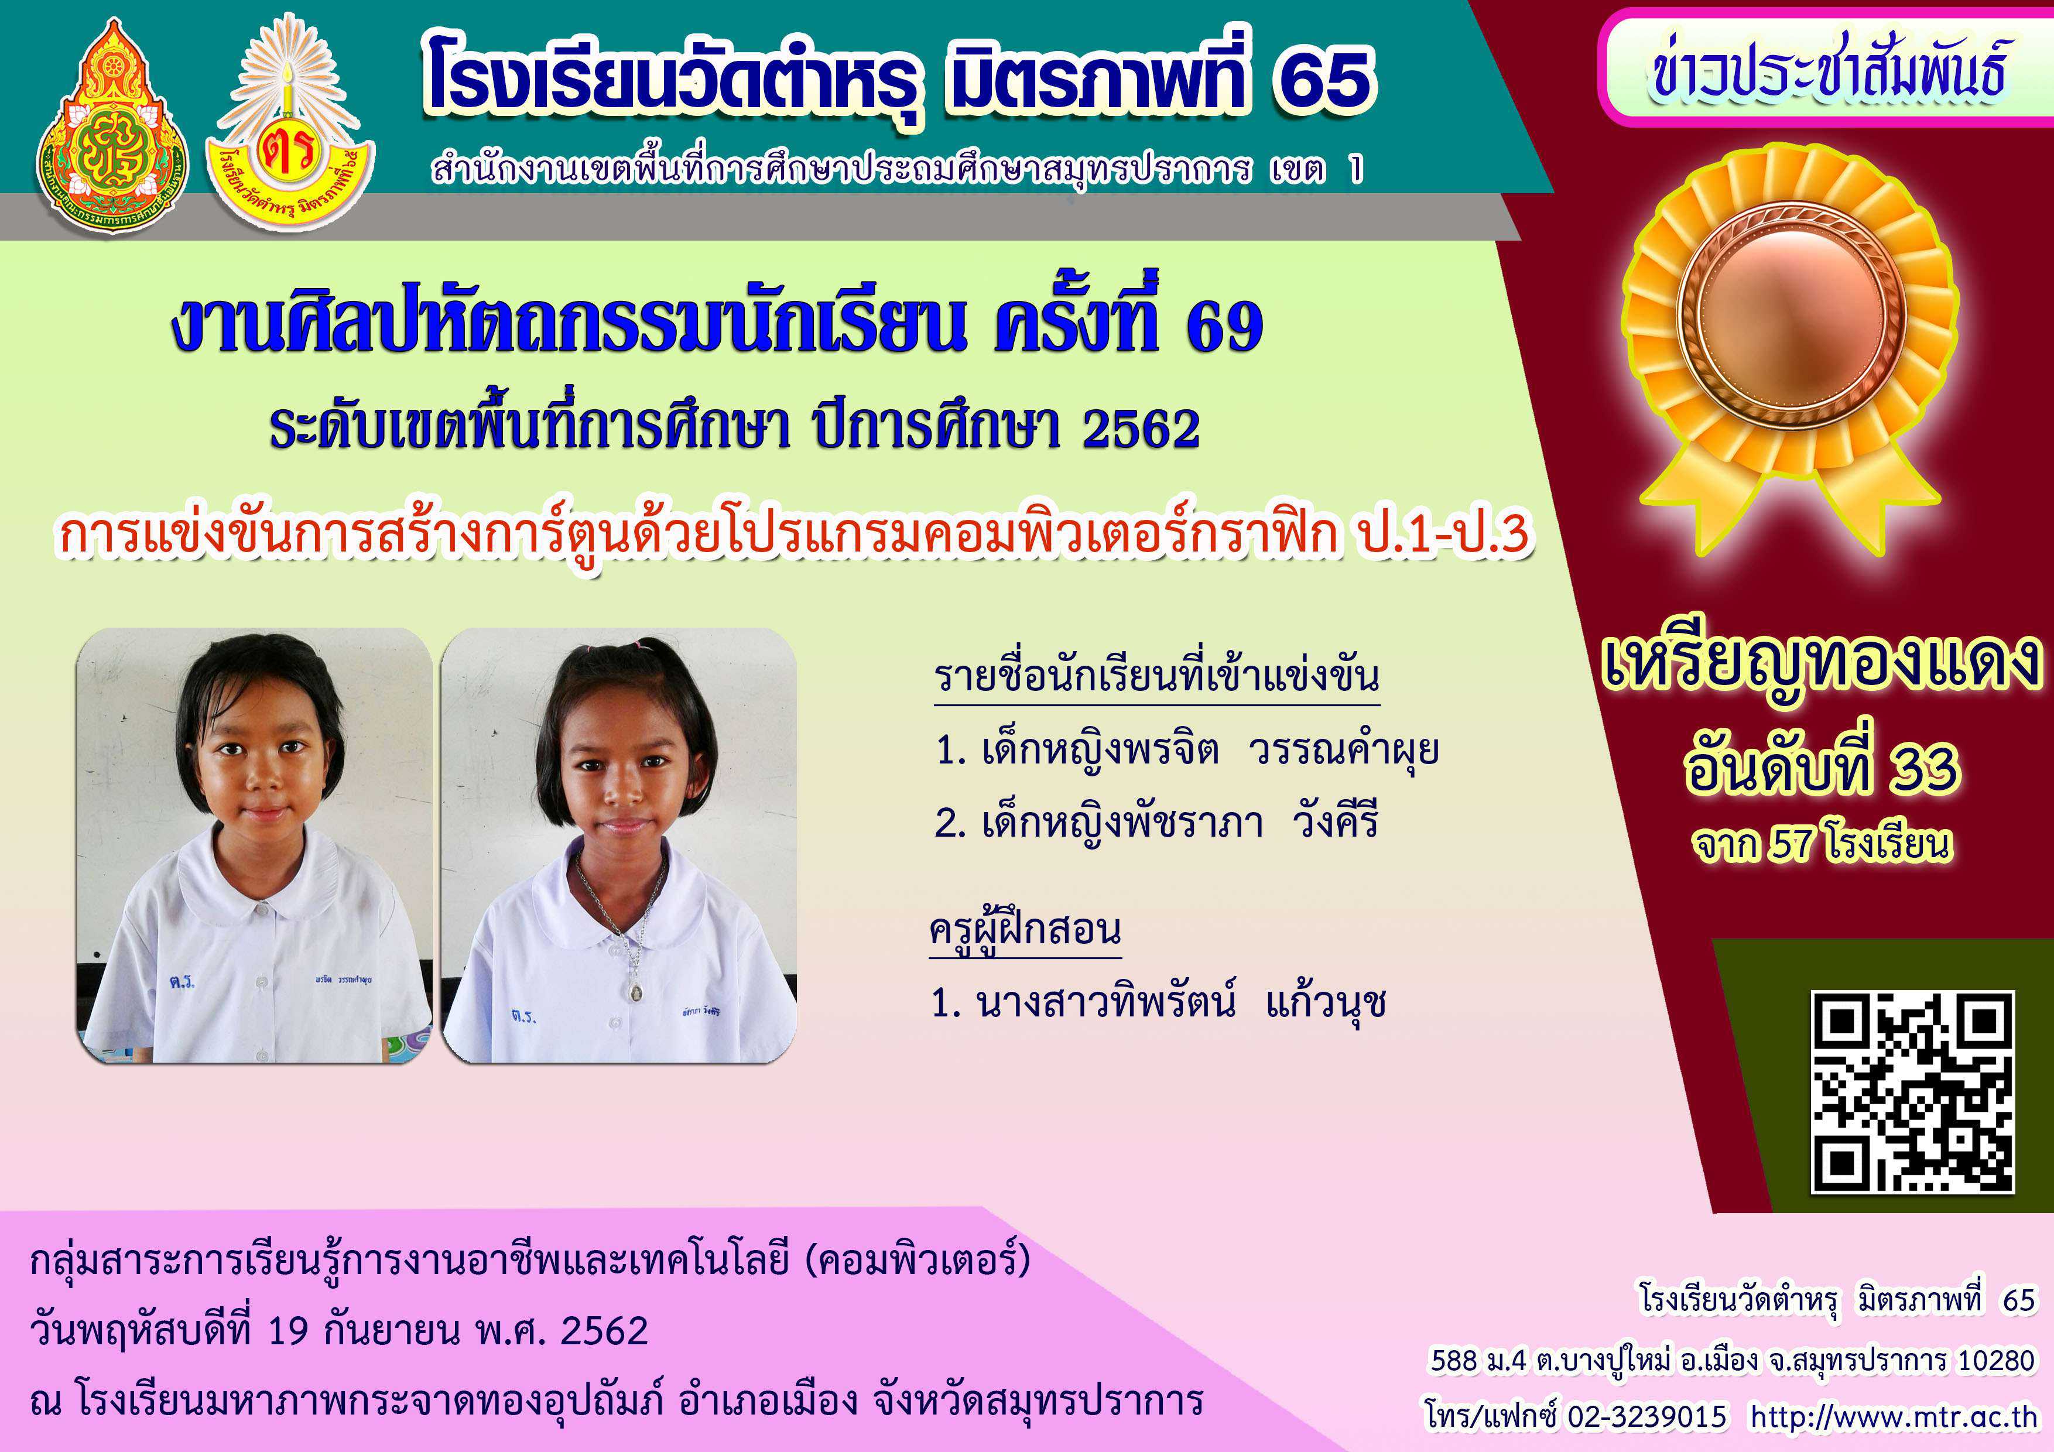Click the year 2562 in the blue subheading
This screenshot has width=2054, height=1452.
[1141, 429]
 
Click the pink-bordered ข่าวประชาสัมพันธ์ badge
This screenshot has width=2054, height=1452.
[1825, 68]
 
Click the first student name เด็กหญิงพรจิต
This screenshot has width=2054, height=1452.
[1100, 749]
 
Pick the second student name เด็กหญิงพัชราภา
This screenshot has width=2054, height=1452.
[1122, 822]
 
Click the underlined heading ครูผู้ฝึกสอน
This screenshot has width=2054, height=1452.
[1025, 930]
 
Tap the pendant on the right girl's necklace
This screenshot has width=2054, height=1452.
[635, 991]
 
